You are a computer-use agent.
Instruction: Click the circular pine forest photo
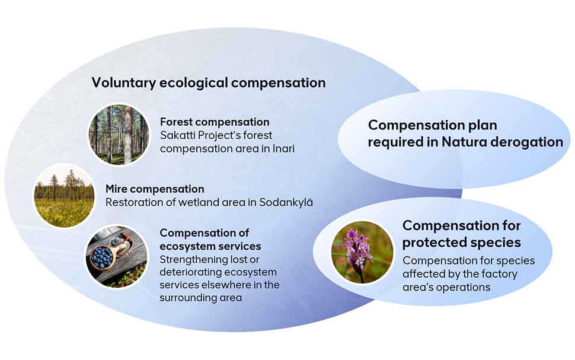click(119, 134)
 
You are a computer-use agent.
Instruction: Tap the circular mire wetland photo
click(64, 196)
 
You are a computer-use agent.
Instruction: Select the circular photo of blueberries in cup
click(117, 256)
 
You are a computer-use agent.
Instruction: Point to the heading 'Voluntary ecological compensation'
click(209, 82)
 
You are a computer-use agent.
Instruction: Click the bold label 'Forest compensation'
click(215, 122)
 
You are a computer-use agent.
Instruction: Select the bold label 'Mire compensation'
click(155, 189)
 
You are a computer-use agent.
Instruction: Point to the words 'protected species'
click(462, 242)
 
